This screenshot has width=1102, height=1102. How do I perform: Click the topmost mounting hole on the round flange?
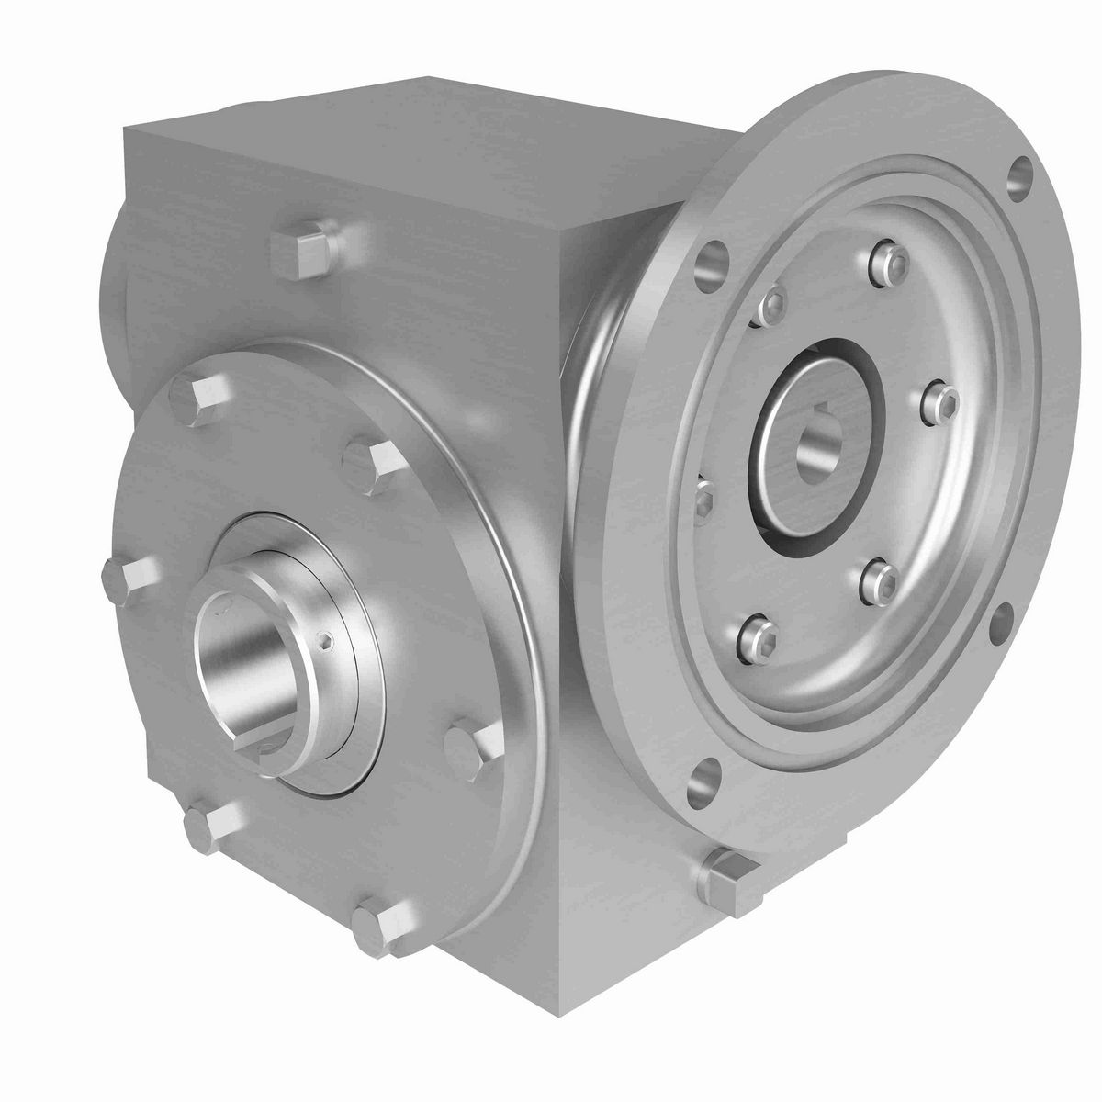tap(1019, 174)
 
